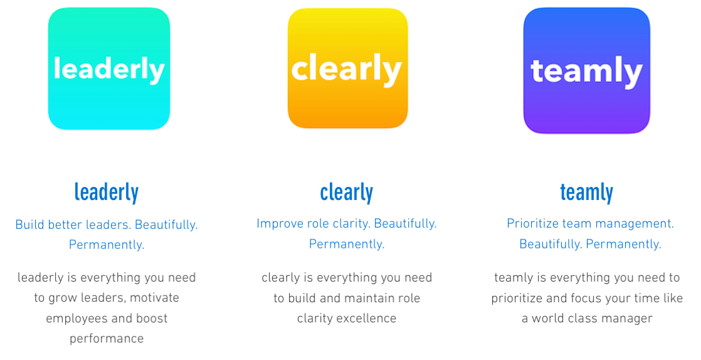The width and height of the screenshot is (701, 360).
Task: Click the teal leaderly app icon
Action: (109, 69)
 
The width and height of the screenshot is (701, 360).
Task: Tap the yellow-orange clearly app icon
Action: (348, 68)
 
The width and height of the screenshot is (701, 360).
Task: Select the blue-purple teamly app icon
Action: (586, 71)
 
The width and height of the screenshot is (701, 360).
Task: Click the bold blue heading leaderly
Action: (107, 193)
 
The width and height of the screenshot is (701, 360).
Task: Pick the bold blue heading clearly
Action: (347, 193)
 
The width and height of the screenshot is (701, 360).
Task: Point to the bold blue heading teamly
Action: (586, 193)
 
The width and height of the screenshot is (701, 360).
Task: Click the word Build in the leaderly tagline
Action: (30, 225)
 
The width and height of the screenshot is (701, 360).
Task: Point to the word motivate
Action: (155, 298)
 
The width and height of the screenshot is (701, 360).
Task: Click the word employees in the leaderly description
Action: (75, 319)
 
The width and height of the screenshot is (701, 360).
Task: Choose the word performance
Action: (107, 339)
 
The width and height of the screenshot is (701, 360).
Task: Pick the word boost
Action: (152, 319)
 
